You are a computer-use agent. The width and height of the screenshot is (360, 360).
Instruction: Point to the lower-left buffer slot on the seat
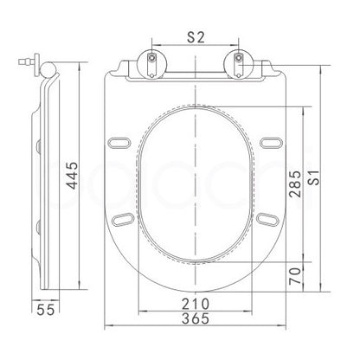click(x=122, y=220)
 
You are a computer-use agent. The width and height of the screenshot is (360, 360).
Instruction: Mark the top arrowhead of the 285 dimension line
click(x=304, y=110)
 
